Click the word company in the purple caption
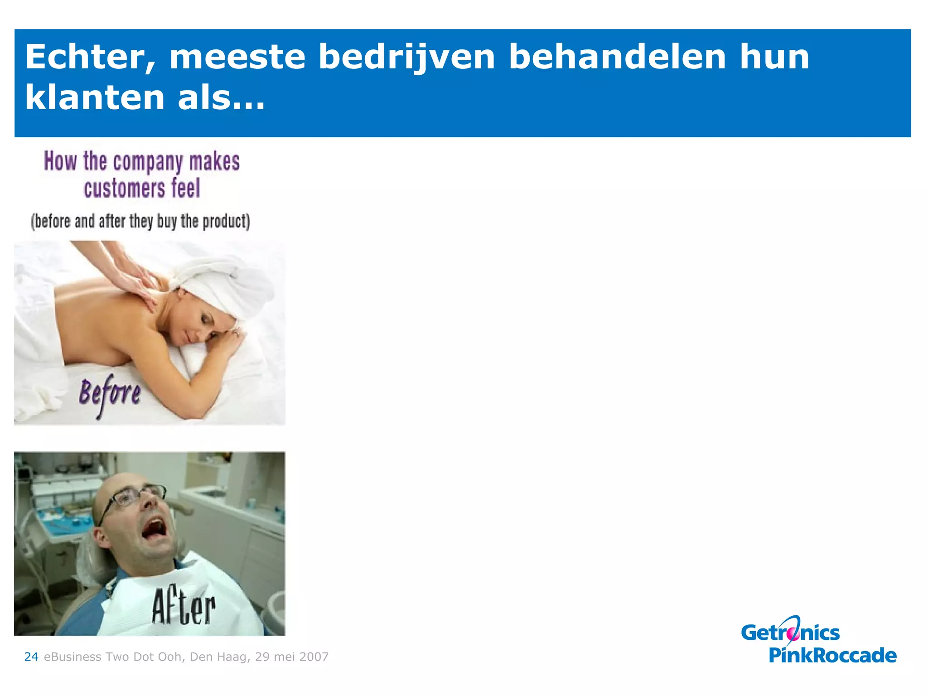click(148, 163)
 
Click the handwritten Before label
click(110, 394)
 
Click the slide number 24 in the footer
click(31, 657)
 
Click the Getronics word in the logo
click(790, 633)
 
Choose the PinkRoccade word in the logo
click(832, 655)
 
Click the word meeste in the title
click(237, 58)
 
